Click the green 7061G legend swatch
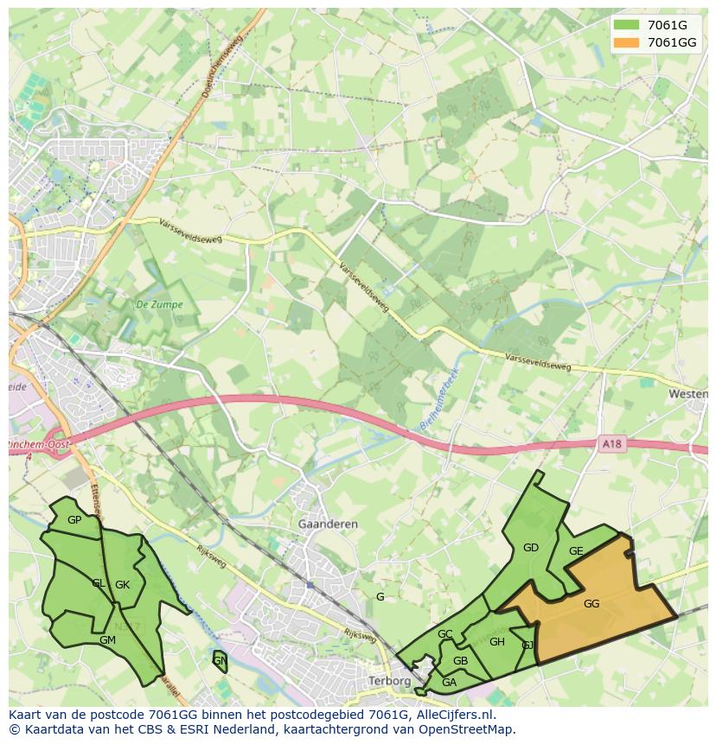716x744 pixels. pyautogui.click(x=627, y=25)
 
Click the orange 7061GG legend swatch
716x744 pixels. pyautogui.click(x=627, y=42)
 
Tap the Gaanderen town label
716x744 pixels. pyautogui.click(x=327, y=525)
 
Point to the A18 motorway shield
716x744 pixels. pyautogui.click(x=611, y=444)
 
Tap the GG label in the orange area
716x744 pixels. pyautogui.click(x=591, y=604)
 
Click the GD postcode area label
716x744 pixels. pyautogui.click(x=531, y=547)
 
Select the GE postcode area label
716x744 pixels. pyautogui.click(x=576, y=551)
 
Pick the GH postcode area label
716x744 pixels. pyautogui.click(x=496, y=642)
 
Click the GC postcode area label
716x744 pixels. pyautogui.click(x=444, y=634)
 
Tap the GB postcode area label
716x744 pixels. pyautogui.click(x=460, y=661)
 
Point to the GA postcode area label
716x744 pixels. pyautogui.click(x=449, y=682)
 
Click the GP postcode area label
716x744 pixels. pyautogui.click(x=74, y=519)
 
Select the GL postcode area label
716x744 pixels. pyautogui.click(x=99, y=583)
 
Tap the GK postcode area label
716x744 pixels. pyautogui.click(x=122, y=585)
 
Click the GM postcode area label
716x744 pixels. pyautogui.click(x=107, y=640)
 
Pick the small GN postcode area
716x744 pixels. pyautogui.click(x=220, y=661)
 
